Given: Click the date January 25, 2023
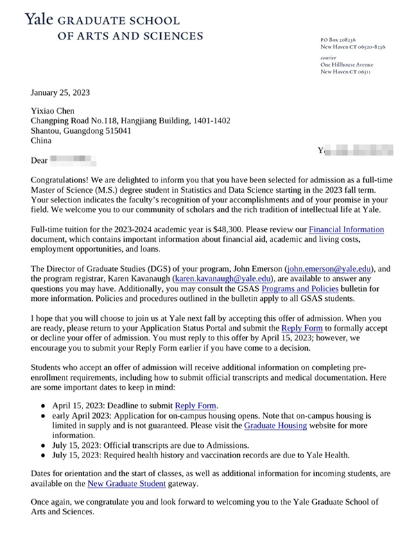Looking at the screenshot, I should (60, 92).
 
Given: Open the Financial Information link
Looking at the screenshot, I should (346, 229).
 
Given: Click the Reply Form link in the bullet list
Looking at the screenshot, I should (197, 406).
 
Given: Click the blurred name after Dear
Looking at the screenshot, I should (73, 161).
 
